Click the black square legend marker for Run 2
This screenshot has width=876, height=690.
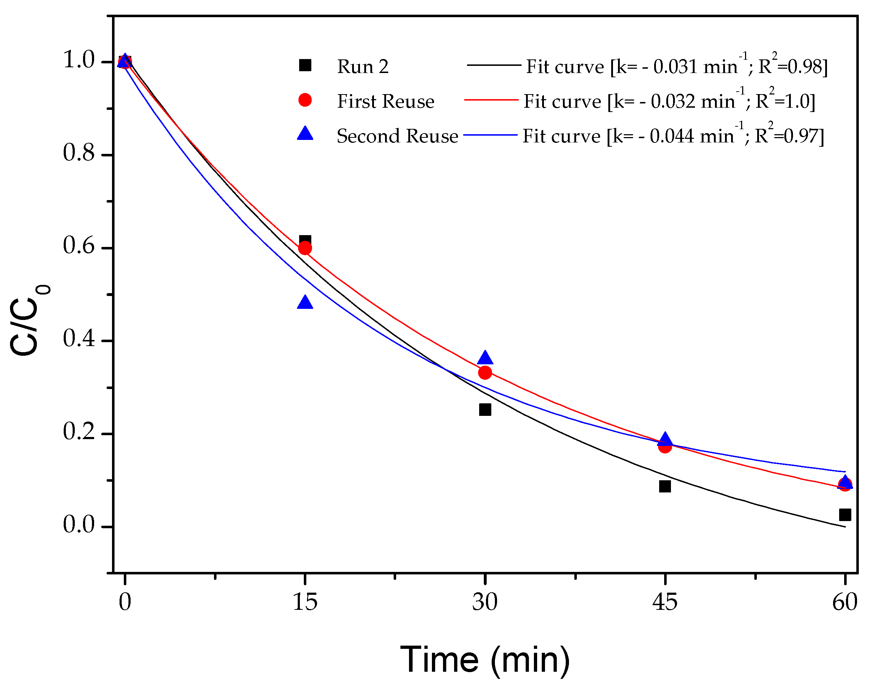pyautogui.click(x=305, y=65)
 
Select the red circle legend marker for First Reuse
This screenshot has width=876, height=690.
pyautogui.click(x=305, y=100)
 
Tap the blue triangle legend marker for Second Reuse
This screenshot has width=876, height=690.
pyautogui.click(x=305, y=134)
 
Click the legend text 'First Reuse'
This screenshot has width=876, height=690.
pyautogui.click(x=385, y=101)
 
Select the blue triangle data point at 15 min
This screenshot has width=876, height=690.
pyautogui.click(x=305, y=302)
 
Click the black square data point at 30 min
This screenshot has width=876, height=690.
pyautogui.click(x=485, y=410)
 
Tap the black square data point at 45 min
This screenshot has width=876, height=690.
pyautogui.click(x=665, y=486)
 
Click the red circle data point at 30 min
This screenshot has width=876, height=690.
pyautogui.click(x=485, y=373)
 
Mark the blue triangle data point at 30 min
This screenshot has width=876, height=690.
pyautogui.click(x=485, y=358)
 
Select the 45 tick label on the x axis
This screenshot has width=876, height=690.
pyautogui.click(x=665, y=602)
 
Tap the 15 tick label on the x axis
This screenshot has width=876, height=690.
pyautogui.click(x=305, y=602)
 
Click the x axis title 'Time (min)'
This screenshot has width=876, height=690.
pyautogui.click(x=485, y=659)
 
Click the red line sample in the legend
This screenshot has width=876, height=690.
pyautogui.click(x=491, y=100)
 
